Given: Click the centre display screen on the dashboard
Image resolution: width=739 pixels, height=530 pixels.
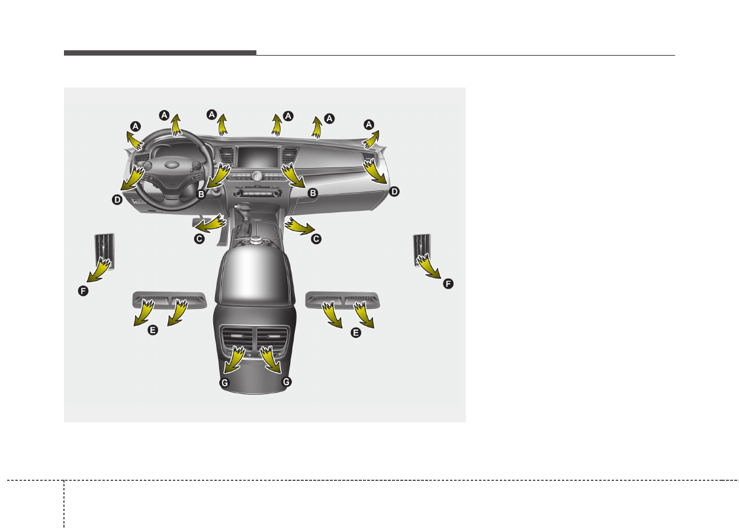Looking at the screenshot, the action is click(258, 157).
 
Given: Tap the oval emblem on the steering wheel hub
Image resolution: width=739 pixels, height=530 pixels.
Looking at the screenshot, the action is click(172, 164).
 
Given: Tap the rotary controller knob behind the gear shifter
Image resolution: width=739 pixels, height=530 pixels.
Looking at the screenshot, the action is click(255, 240).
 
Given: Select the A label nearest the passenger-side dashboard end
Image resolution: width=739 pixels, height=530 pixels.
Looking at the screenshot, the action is click(368, 125).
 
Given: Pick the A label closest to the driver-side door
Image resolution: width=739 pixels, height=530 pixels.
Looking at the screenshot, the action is click(135, 126).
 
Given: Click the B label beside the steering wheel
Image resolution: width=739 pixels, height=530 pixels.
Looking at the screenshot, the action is click(201, 194).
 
